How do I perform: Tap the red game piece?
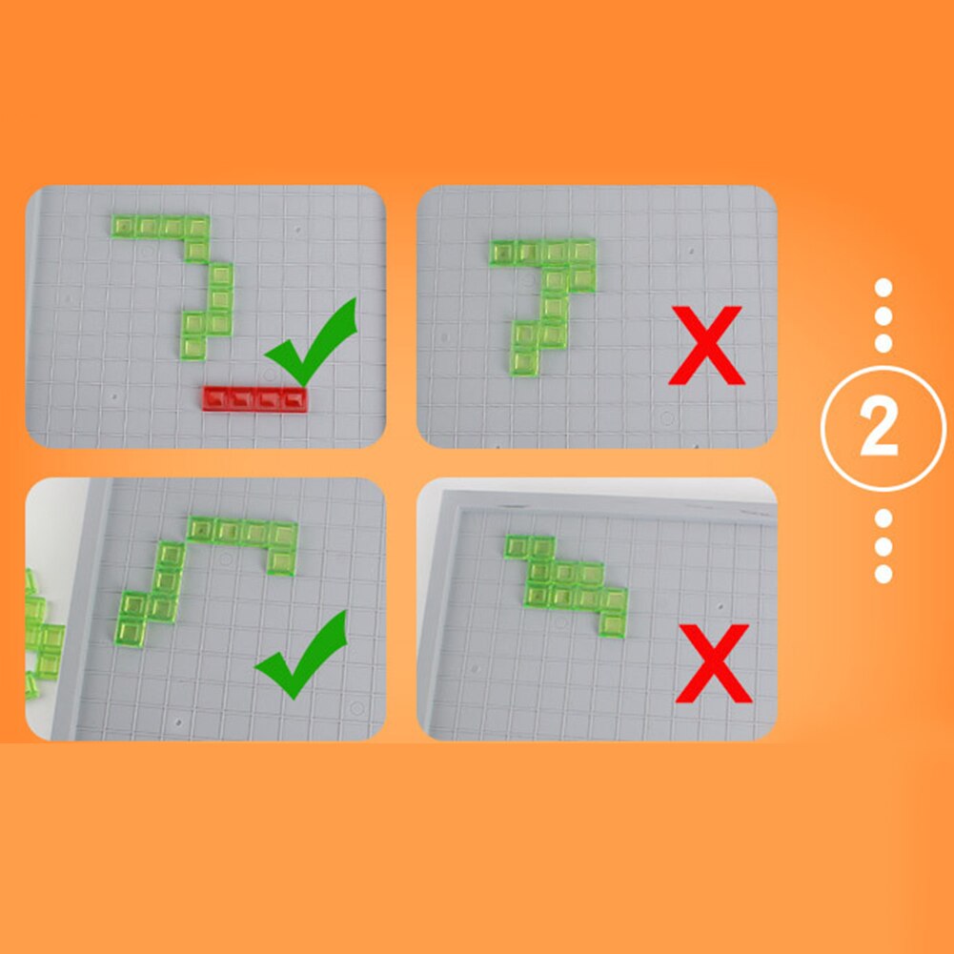click(254, 399)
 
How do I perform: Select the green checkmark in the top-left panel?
click(312, 342)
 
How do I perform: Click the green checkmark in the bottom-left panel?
click(302, 655)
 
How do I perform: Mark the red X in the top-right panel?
click(706, 345)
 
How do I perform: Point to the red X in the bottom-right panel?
click(714, 663)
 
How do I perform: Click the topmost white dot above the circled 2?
click(883, 288)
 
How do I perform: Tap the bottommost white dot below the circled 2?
click(883, 575)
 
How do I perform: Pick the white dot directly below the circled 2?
click(883, 518)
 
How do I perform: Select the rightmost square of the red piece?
click(294, 399)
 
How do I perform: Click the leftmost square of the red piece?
click(216, 399)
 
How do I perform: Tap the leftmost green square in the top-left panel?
click(124, 226)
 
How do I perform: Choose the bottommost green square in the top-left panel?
click(193, 348)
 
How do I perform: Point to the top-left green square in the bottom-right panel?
click(518, 546)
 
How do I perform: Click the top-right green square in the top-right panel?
click(582, 251)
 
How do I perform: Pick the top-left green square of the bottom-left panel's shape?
click(201, 529)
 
